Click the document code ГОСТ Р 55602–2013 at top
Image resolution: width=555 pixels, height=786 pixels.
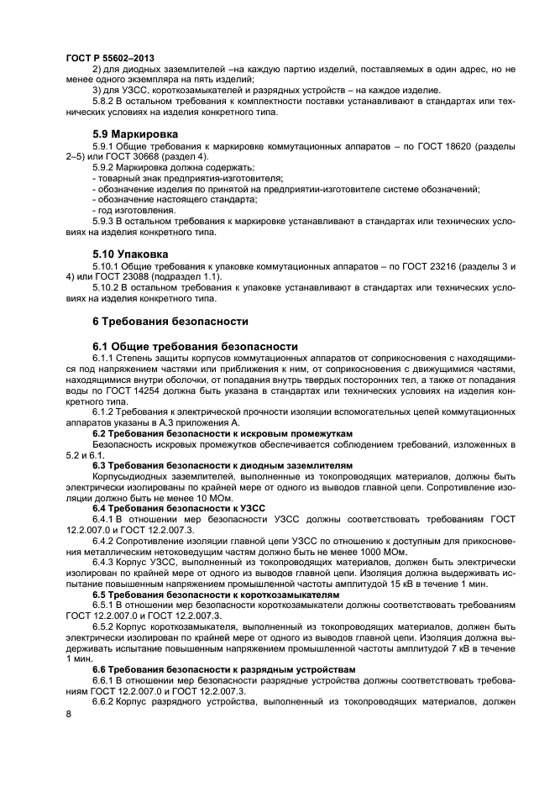(x=103, y=56)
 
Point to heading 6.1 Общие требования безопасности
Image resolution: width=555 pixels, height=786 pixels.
(x=195, y=346)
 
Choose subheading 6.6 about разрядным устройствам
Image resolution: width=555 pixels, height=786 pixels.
(x=223, y=669)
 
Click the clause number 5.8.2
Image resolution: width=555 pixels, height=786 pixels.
(x=105, y=101)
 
